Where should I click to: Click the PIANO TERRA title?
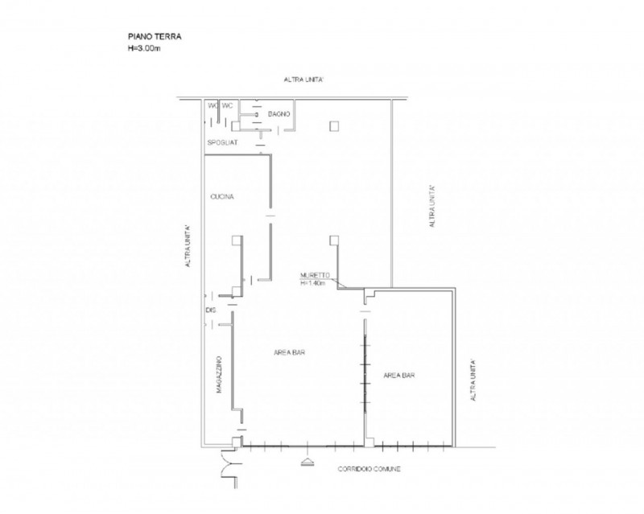(155, 36)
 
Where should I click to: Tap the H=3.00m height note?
(144, 48)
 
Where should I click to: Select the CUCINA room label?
(222, 196)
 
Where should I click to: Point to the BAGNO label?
(279, 113)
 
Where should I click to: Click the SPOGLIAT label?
(222, 142)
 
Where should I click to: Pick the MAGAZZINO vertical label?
(219, 374)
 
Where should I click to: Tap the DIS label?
(210, 310)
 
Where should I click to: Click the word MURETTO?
(315, 275)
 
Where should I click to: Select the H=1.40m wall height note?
(313, 283)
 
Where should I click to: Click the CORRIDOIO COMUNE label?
(369, 469)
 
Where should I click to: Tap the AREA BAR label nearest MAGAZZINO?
(289, 352)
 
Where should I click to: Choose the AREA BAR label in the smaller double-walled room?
(398, 375)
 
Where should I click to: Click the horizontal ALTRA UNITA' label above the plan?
(303, 80)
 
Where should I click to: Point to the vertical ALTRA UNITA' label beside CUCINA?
(188, 246)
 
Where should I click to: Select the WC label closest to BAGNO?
(227, 105)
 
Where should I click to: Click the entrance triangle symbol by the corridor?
(308, 463)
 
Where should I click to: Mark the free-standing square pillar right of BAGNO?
(334, 126)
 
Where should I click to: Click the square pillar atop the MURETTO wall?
(334, 241)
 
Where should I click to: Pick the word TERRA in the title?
(168, 36)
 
